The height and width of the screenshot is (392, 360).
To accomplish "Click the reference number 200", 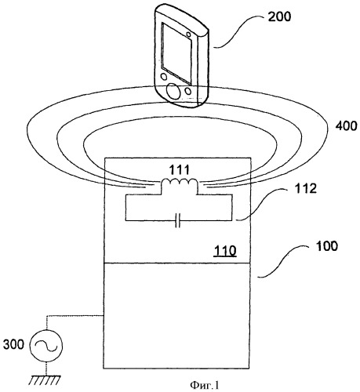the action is pyautogui.click(x=279, y=16).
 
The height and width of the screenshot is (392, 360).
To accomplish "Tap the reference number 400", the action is pyautogui.click(x=346, y=126).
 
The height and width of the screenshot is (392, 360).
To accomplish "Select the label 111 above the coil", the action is pyautogui.click(x=179, y=170).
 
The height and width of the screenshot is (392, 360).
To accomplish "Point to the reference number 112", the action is pyautogui.click(x=306, y=188).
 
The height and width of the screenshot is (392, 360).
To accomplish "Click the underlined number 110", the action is pyautogui.click(x=225, y=251).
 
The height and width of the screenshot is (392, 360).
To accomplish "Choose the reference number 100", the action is pyautogui.click(x=327, y=246).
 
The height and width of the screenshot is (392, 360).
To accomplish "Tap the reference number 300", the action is pyautogui.click(x=13, y=344).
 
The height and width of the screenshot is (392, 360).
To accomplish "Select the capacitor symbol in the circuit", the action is pyautogui.click(x=178, y=220).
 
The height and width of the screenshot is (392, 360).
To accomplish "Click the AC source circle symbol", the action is pyautogui.click(x=46, y=345).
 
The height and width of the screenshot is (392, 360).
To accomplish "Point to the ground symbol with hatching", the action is pyautogui.click(x=45, y=380).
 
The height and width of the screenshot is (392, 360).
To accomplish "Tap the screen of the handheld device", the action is pyautogui.click(x=176, y=54).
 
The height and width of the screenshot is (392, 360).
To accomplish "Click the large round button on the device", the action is pyautogui.click(x=173, y=91).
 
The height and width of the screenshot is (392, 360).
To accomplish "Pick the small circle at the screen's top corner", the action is pyautogui.click(x=188, y=34).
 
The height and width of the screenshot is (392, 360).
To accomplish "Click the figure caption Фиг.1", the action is pyautogui.click(x=205, y=385).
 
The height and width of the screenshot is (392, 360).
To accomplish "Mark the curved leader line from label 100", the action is pyautogui.click(x=285, y=262).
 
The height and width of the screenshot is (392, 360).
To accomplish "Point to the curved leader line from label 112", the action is pyautogui.click(x=264, y=205).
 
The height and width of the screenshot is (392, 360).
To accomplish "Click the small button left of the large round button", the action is pyautogui.click(x=164, y=77).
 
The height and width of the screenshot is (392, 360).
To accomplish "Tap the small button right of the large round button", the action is pyautogui.click(x=187, y=91).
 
